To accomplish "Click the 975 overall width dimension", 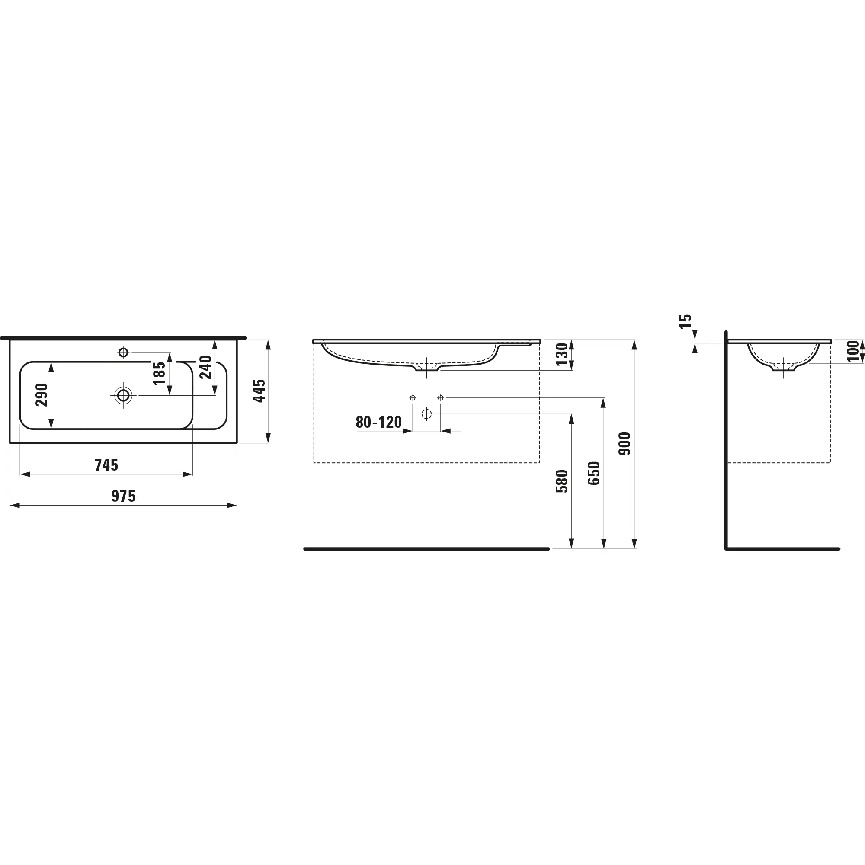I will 123,497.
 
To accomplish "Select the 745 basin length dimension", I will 106,465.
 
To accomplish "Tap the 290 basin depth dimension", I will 42,395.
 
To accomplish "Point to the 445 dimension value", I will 259,391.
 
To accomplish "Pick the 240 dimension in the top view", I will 205,367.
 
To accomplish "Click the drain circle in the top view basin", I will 123,395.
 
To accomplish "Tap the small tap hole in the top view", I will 123,352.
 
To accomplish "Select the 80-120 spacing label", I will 379,422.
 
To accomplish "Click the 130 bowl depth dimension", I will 561,354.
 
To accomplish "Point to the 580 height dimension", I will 561,481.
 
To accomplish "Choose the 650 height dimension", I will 594,473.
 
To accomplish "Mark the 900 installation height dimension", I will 625,444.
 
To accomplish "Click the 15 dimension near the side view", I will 686,321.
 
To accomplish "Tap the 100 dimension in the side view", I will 852,351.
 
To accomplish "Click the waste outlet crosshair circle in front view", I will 426,414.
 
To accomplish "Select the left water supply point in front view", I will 412,397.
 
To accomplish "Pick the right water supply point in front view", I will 441,397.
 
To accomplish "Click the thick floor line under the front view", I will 426,549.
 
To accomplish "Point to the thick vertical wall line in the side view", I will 726,448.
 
